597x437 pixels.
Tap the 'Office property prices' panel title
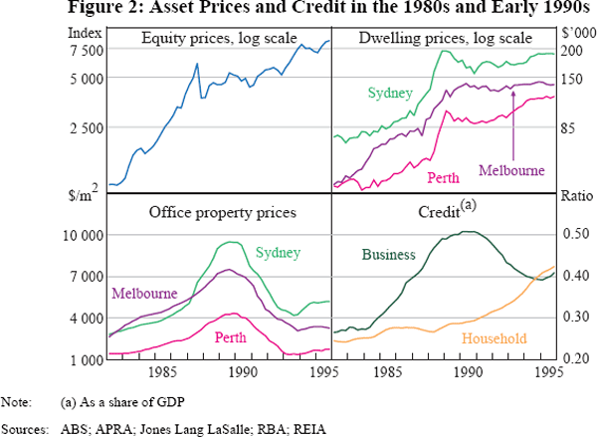[x=222, y=211]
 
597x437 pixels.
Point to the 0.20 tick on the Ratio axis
[x=576, y=358]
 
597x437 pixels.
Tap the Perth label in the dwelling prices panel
[x=443, y=178]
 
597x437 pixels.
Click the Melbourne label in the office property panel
[x=144, y=294]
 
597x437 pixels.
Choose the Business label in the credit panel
[x=388, y=255]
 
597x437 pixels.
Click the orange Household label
[x=495, y=339]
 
